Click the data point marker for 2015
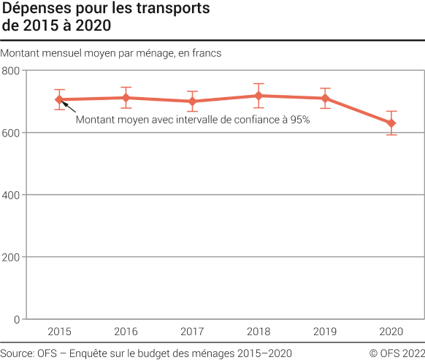coord(60,99)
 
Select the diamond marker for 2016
coord(126,98)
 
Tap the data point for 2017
coord(193,102)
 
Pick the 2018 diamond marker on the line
coord(259,96)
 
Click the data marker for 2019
coord(325,98)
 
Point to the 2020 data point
coord(391,123)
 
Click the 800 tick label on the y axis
coord(12,71)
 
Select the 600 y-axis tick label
coord(12,133)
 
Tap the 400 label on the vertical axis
coord(12,195)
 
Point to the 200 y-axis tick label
coord(12,257)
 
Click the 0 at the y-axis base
coord(17,319)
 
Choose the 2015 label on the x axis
coord(60,332)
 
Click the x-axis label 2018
coord(259,332)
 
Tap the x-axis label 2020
coord(391,332)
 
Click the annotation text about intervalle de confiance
coord(193,120)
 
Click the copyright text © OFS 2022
coord(397,353)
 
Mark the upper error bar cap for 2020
coord(391,111)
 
